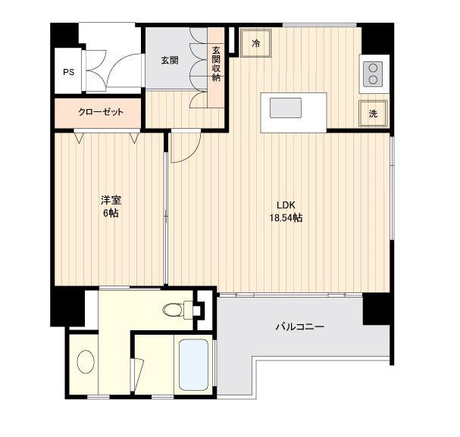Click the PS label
(69, 72)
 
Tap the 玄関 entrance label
(170, 61)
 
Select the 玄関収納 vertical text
(216, 64)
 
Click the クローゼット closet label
(101, 112)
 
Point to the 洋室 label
(111, 200)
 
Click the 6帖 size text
(111, 213)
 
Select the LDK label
(286, 205)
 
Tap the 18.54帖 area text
(286, 218)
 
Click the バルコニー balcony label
(300, 326)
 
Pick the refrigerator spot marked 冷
(255, 43)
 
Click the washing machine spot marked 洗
(373, 114)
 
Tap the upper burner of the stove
(373, 68)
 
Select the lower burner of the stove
(373, 80)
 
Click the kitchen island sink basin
(286, 108)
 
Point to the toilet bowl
(174, 310)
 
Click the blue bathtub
(193, 365)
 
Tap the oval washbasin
(86, 362)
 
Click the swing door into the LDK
(186, 146)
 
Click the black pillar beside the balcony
(376, 309)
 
